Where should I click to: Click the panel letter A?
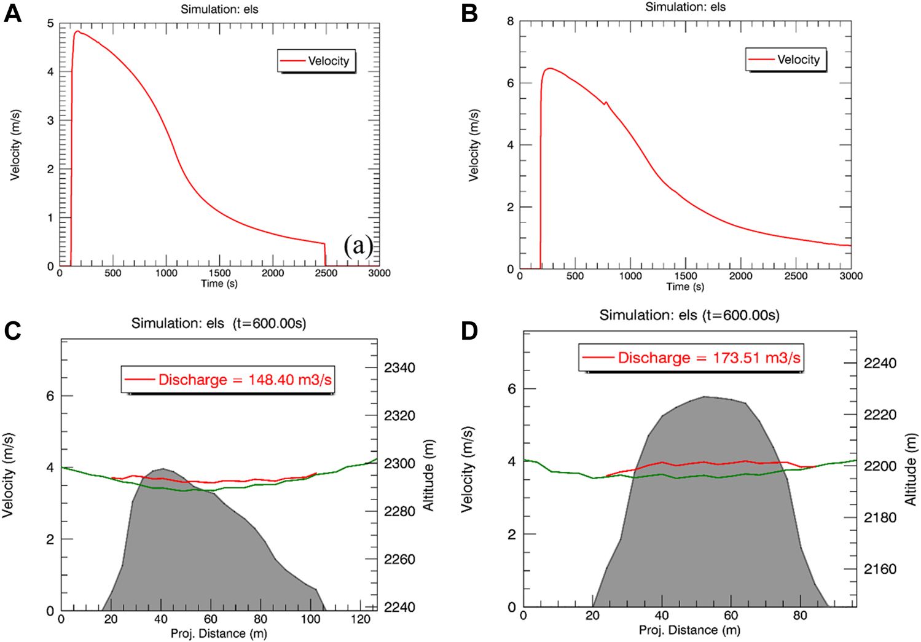[x=12, y=14]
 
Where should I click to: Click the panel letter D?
[x=469, y=331]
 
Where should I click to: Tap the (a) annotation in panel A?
[x=358, y=246]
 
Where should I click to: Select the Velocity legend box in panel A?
[x=316, y=61]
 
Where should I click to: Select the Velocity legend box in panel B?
[x=786, y=60]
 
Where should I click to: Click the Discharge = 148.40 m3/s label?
[x=228, y=380]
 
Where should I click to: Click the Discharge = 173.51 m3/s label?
[x=691, y=358]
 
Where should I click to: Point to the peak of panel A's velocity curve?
[x=77, y=31]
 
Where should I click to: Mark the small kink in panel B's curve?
[x=605, y=103]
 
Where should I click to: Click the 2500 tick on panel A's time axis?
[x=326, y=273]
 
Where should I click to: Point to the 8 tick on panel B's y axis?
[x=511, y=22]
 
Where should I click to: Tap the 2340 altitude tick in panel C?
[x=399, y=368]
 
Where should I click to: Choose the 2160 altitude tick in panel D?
[x=880, y=569]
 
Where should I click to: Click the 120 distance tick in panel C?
[x=361, y=619]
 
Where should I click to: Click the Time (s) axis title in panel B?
[x=685, y=287]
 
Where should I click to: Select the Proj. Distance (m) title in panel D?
[x=689, y=630]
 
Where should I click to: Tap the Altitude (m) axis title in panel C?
[x=428, y=475]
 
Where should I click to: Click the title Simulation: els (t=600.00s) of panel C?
[x=218, y=323]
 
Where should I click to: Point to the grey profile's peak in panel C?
[x=161, y=469]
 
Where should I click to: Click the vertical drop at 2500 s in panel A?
[x=325, y=255]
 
